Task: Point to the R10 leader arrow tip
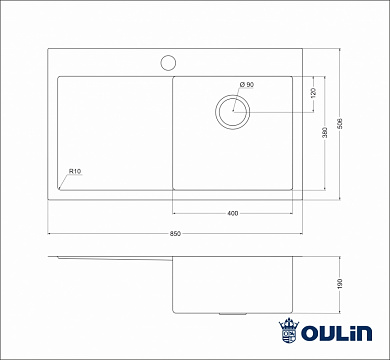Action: click(x=60, y=187)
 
